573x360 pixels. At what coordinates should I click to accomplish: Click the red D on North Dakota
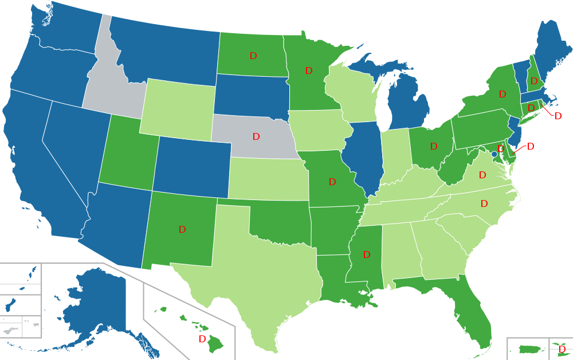point(253,56)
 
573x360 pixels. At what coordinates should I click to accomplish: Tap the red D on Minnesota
point(309,71)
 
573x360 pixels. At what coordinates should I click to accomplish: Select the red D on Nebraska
point(256,136)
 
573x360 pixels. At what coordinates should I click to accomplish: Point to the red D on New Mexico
point(182,229)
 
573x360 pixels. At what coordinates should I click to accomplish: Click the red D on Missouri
point(332,182)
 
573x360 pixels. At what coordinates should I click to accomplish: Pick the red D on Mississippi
point(367,255)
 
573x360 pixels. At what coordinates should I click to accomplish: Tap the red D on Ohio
point(434,147)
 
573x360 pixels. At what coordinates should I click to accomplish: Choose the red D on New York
point(503,94)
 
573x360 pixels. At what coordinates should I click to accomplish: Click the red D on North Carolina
point(484,204)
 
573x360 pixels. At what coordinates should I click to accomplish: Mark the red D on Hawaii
point(202,339)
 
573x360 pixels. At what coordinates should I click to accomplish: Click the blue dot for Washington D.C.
point(494,154)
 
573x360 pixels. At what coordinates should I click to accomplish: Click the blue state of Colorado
point(192,166)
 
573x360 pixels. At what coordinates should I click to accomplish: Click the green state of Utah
point(126,155)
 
